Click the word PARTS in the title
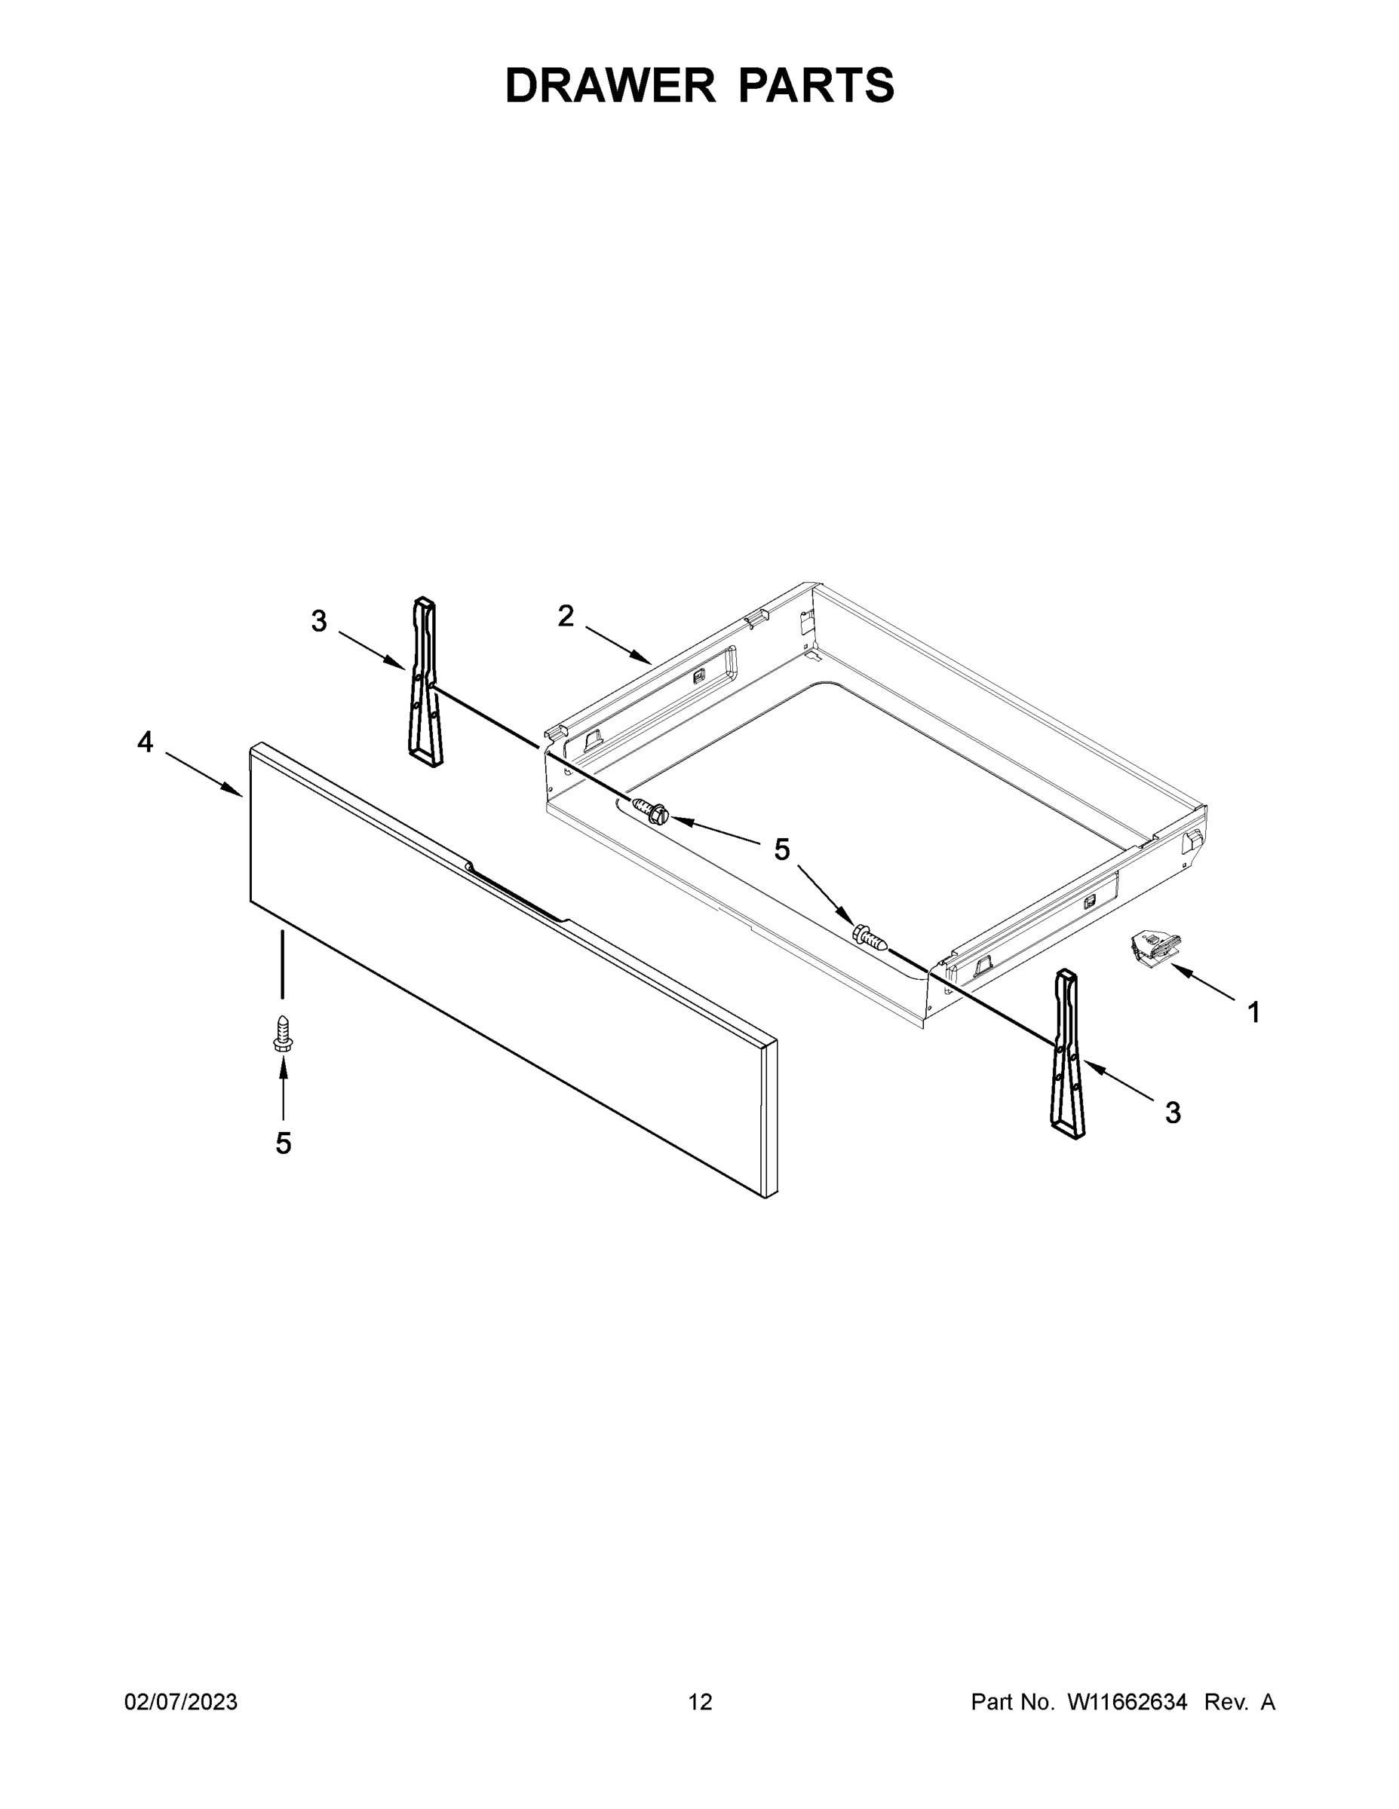(x=815, y=85)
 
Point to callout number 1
(x=1253, y=1012)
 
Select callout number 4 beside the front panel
(x=145, y=742)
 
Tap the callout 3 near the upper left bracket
(x=319, y=620)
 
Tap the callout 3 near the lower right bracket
(x=1172, y=1113)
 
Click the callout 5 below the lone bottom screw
(x=284, y=1143)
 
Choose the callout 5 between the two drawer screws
(x=781, y=849)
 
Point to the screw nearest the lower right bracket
(x=870, y=937)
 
